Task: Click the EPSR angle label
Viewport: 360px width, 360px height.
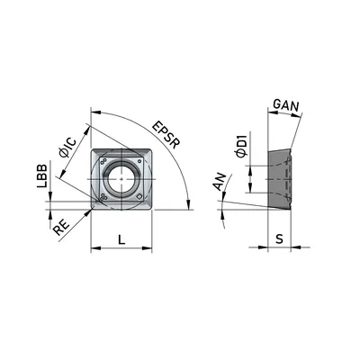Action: point(166,135)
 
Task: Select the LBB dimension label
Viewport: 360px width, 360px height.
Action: point(42,175)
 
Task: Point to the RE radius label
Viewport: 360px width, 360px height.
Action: point(61,228)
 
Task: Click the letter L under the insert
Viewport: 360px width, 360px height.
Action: point(121,239)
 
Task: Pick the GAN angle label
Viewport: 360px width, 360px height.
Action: point(286,105)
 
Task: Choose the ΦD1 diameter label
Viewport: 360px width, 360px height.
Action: point(242,146)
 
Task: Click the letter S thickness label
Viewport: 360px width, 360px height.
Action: point(279,239)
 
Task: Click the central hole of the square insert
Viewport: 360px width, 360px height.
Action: point(121,179)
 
